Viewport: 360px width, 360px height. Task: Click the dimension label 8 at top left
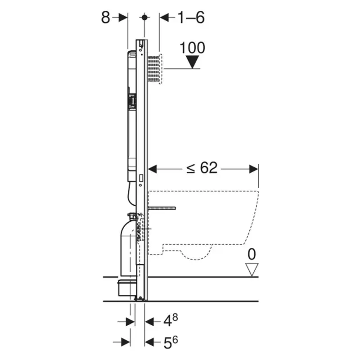click(106, 18)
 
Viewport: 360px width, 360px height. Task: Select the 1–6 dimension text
click(191, 18)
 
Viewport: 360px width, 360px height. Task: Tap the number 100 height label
click(193, 48)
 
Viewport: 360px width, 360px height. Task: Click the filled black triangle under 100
click(193, 62)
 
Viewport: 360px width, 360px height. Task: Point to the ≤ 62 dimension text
click(202, 167)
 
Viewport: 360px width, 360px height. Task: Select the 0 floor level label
click(252, 254)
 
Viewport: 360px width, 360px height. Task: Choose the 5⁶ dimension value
click(171, 342)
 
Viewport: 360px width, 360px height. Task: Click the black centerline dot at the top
click(144, 17)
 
